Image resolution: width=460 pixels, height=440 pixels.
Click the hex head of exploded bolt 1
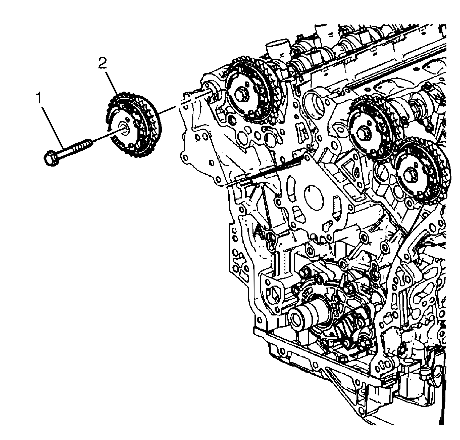52,158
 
